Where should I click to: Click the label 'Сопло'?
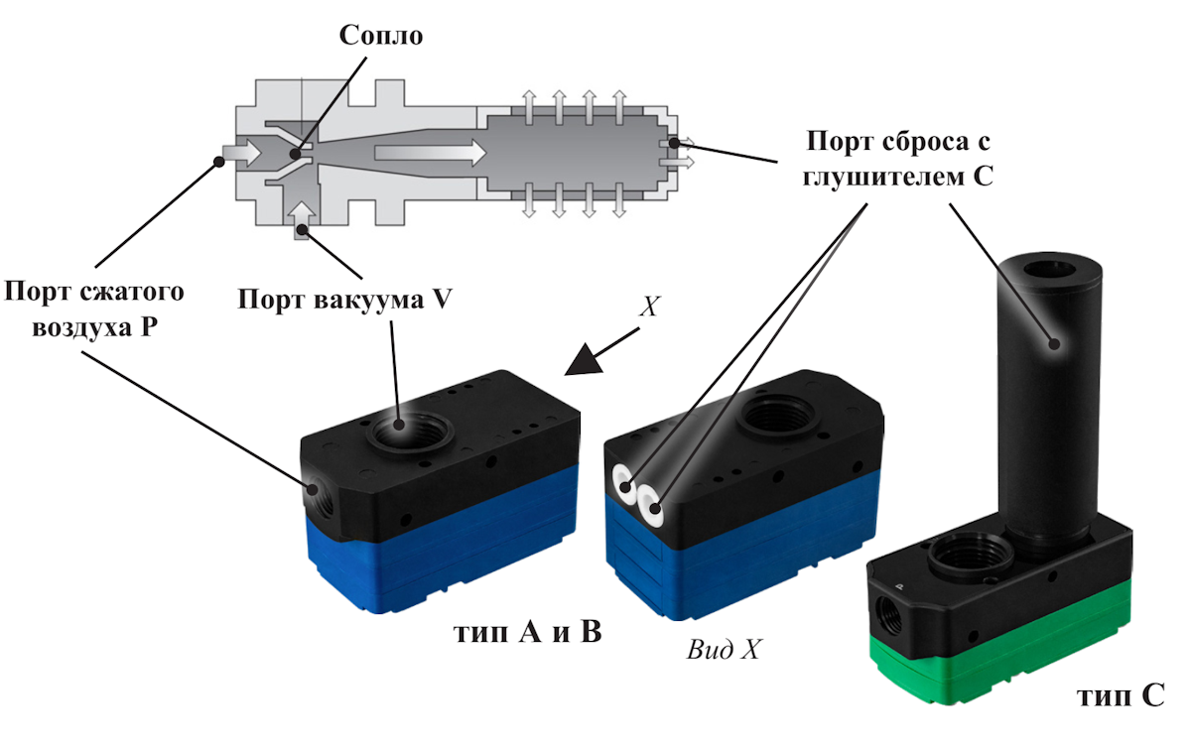coord(381,37)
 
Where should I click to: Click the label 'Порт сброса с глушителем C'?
coord(899,158)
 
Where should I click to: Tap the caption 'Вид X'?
coord(723,651)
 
